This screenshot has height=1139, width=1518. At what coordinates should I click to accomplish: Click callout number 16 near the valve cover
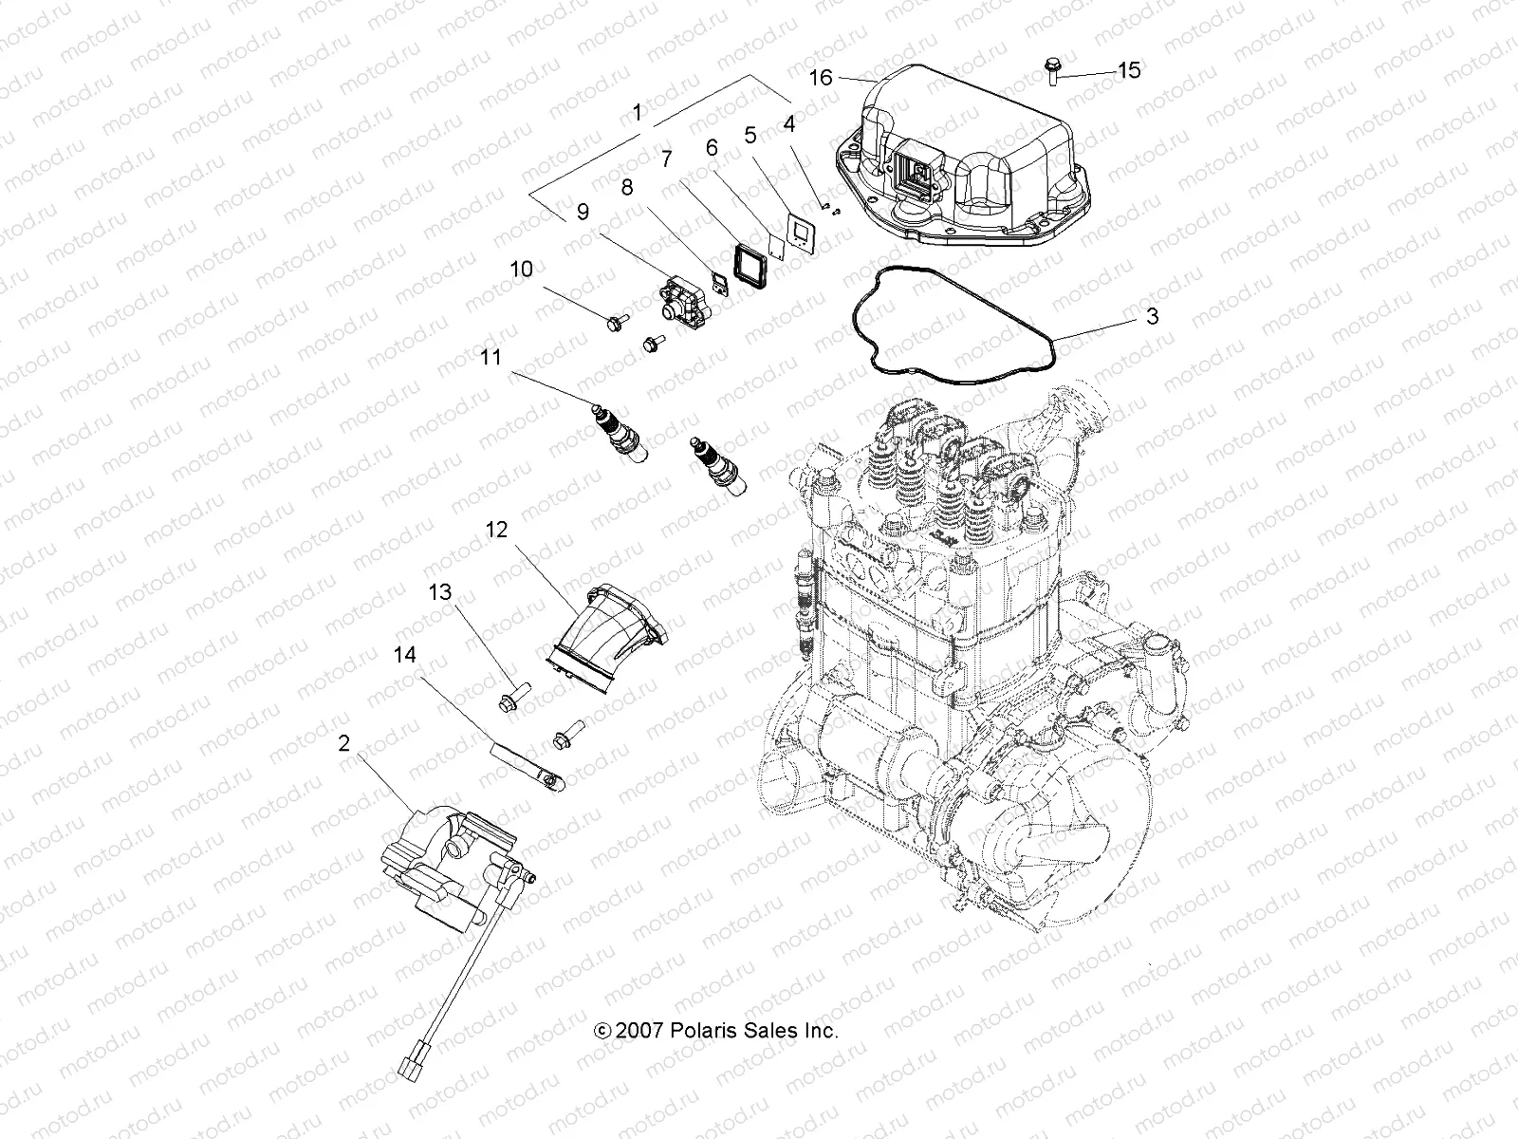pos(821,77)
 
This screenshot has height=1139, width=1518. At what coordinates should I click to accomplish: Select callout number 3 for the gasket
pos(1152,316)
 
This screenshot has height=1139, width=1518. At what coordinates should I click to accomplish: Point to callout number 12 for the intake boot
pos(497,530)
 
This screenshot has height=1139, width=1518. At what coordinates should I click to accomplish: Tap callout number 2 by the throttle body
pos(343,743)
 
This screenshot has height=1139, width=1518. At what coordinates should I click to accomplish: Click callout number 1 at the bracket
pos(637,113)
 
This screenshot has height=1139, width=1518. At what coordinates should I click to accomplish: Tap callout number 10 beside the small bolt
pos(522,270)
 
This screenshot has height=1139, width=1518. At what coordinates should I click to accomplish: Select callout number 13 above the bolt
pos(439,592)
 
